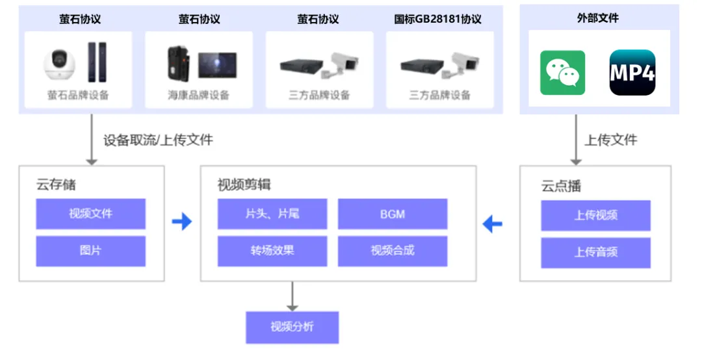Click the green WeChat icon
pos(562,73)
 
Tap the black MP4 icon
pos(632,73)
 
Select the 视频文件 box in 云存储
pos(90,214)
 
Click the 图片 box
pos(90,251)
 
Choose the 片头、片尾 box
pos(272,214)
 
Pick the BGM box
pos(393,214)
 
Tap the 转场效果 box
pos(272,251)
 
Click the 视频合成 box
pos(393,251)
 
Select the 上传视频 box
pos(595,215)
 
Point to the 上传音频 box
pos(595,252)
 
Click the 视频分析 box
pos(292,327)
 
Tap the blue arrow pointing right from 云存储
pos(182,222)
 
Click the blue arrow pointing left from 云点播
pos(492,225)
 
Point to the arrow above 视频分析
pos(292,296)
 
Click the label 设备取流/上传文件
pos(158,140)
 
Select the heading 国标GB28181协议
pos(437,19)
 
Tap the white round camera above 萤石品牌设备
pos(59,64)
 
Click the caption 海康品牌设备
pos(198,96)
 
